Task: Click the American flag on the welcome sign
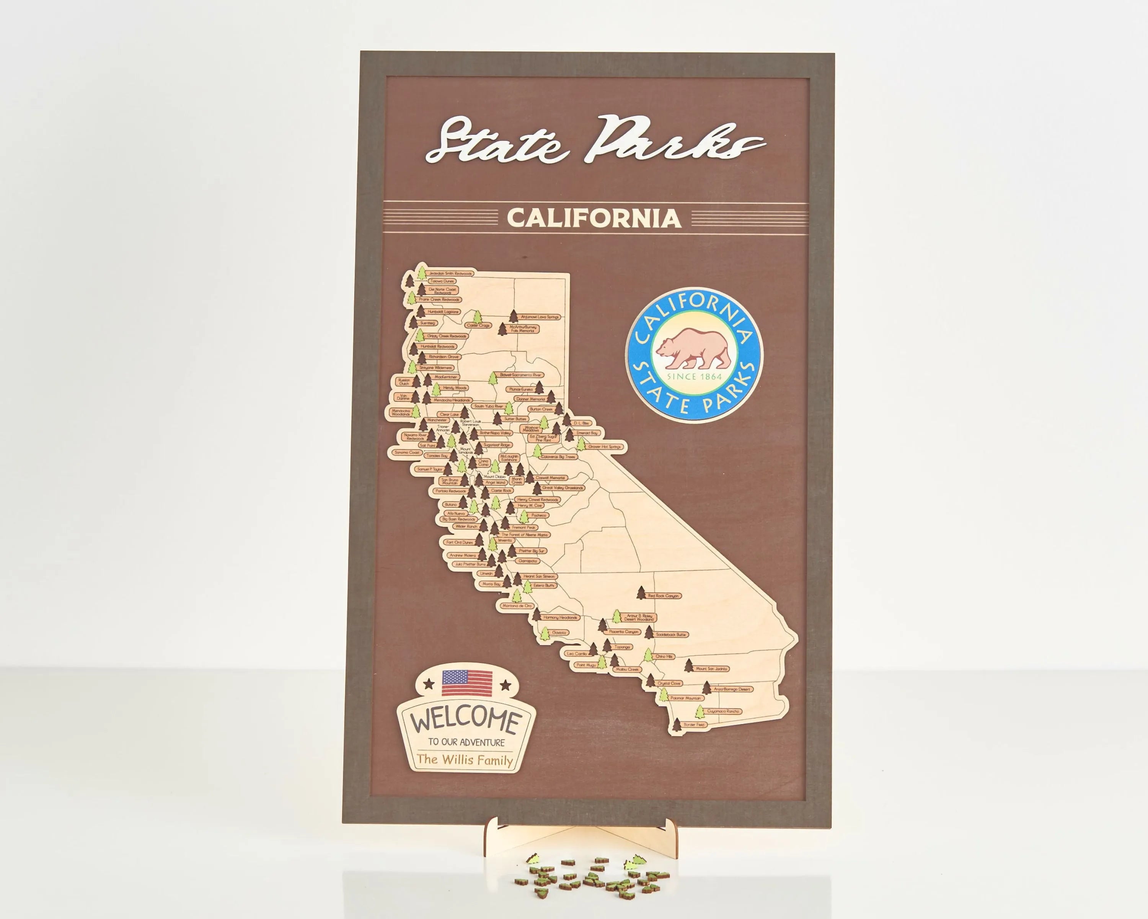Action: click(467, 682)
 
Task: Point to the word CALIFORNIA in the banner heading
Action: click(594, 218)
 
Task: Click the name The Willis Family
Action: click(465, 760)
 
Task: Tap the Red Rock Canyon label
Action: click(664, 595)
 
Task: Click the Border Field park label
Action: click(694, 724)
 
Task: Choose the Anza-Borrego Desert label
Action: click(732, 689)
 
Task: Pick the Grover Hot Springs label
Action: click(604, 446)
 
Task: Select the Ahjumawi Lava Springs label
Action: click(540, 317)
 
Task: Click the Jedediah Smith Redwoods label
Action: click(450, 274)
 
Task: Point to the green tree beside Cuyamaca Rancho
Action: click(700, 711)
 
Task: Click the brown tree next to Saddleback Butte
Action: click(649, 632)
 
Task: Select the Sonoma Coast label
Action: click(407, 452)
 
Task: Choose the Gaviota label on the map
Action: click(559, 632)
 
